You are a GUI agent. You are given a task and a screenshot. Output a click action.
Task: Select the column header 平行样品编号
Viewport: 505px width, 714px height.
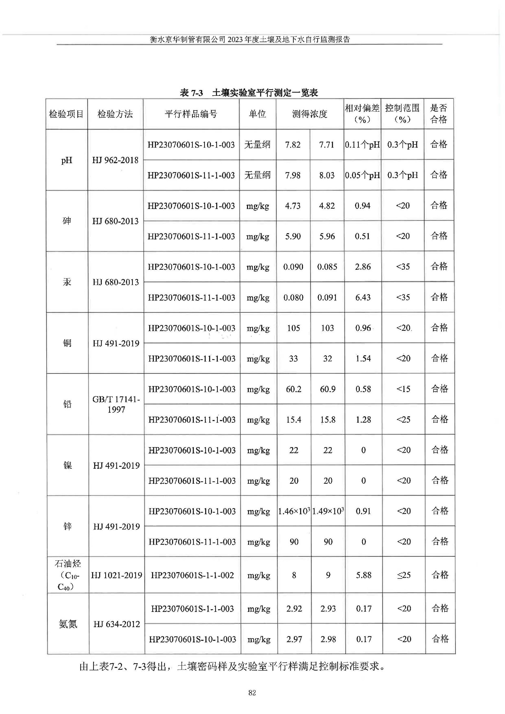click(191, 114)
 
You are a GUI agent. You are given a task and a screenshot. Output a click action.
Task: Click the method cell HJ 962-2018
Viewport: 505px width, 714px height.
click(115, 160)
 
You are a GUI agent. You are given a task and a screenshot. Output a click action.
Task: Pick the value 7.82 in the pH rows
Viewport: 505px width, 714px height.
click(293, 145)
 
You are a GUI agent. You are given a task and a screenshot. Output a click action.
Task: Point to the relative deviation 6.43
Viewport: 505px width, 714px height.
click(363, 297)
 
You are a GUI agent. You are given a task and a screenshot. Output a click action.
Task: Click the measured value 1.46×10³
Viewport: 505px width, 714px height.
click(294, 511)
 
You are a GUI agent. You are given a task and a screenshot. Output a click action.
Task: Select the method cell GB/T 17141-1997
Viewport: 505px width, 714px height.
click(116, 404)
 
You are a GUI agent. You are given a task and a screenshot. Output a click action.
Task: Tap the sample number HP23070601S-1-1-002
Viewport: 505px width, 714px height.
click(192, 575)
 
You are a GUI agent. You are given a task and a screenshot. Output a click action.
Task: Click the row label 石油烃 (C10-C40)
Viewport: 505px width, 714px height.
click(68, 575)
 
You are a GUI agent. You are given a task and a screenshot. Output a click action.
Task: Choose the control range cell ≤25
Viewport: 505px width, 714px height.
click(404, 575)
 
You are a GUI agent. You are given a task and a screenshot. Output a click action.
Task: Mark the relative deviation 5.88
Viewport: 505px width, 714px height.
click(363, 575)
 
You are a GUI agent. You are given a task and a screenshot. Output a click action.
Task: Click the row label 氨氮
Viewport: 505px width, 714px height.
click(68, 624)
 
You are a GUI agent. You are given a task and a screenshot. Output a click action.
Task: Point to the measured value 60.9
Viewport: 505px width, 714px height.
click(328, 389)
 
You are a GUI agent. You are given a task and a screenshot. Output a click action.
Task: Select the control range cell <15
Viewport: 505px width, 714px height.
click(403, 389)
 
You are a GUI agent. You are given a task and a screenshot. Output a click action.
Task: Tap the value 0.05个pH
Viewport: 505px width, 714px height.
click(362, 175)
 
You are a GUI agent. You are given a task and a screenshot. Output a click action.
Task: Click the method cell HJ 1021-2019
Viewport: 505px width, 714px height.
click(116, 575)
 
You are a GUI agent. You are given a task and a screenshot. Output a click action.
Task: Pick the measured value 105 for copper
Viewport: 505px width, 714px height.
click(293, 328)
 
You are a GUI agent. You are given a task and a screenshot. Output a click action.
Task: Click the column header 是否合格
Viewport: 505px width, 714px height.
click(438, 114)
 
